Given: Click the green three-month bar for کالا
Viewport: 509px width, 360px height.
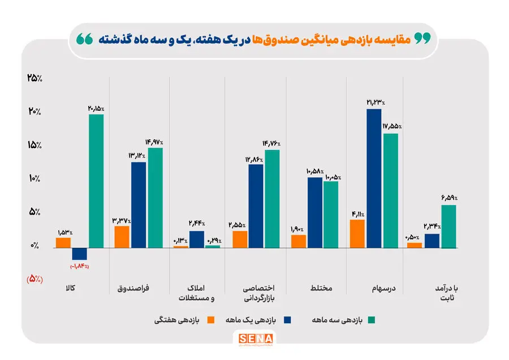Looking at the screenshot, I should [x=96, y=181].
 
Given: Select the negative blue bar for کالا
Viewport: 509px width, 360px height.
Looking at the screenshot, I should [x=80, y=254].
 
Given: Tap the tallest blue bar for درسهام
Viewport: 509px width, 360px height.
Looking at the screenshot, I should [x=374, y=178].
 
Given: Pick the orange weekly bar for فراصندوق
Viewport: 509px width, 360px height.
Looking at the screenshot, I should [x=122, y=237].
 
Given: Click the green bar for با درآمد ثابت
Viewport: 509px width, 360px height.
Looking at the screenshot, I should [x=448, y=226].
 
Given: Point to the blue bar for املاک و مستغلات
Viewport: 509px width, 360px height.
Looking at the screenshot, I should [x=197, y=239].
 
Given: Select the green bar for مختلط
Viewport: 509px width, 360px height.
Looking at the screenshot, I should [x=331, y=215].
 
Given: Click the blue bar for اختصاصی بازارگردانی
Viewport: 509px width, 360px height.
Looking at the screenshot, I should [x=256, y=206].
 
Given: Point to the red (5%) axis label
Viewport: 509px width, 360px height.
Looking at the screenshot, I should [x=35, y=278].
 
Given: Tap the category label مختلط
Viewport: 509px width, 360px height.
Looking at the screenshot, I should [x=321, y=288].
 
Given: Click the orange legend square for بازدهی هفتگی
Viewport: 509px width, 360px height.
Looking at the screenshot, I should [x=212, y=320].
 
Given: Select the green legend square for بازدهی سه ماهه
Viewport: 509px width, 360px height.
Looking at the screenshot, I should [x=372, y=320].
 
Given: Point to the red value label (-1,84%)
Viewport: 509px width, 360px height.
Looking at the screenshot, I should [x=80, y=266].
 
